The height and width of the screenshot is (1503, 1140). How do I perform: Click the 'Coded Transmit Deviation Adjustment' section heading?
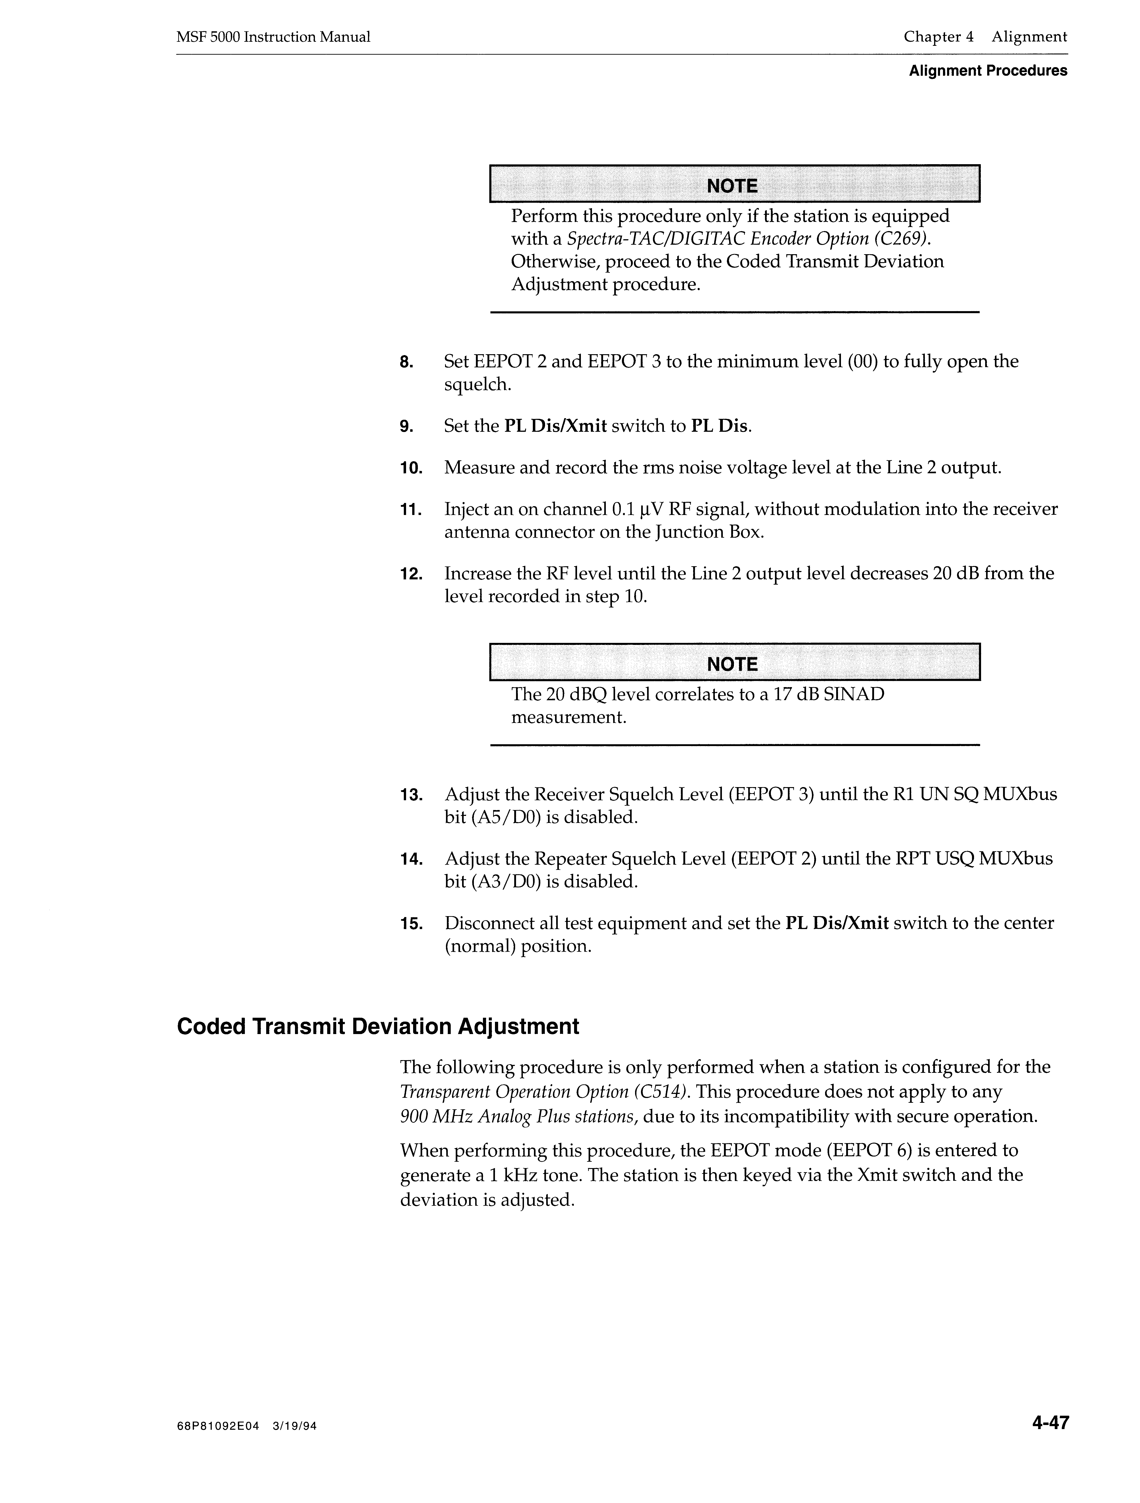pos(378,1027)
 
